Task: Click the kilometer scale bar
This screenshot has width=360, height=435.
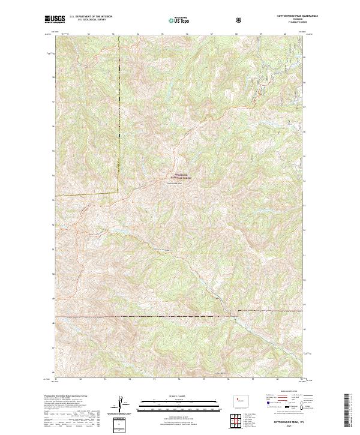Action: pos(173,404)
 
